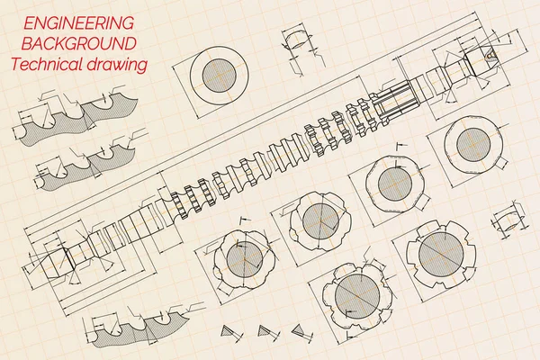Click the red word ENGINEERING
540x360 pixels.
coord(78,23)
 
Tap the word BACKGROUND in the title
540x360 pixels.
coord(79,43)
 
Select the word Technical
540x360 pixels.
coord(47,64)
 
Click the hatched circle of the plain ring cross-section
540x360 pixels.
coord(220,76)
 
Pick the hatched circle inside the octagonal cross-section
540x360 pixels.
coord(395,183)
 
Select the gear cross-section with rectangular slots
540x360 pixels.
coord(441,254)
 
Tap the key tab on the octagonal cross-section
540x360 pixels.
coord(423,202)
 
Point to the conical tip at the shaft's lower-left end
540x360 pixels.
coord(58,263)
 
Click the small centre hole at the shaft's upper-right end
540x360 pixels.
coord(490,54)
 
